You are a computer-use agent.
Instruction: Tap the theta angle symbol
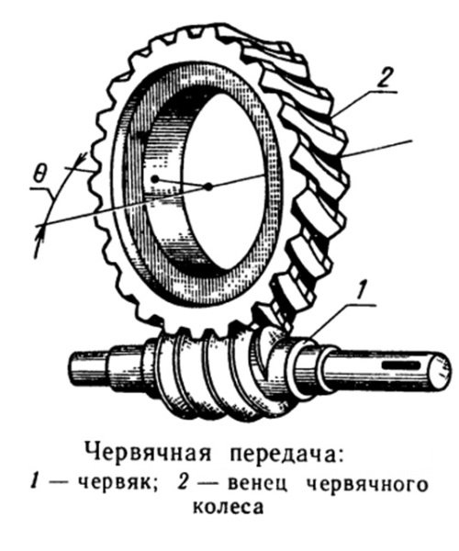(x=40, y=174)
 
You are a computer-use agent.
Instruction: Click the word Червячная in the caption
(x=148, y=454)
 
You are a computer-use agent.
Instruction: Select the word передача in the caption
(x=285, y=454)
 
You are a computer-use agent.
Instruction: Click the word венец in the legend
(x=257, y=484)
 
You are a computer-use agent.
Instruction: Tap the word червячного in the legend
(x=368, y=484)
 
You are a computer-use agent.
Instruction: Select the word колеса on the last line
(x=228, y=508)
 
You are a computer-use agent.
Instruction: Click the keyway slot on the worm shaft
(x=400, y=365)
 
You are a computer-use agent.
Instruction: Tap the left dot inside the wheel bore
(x=154, y=179)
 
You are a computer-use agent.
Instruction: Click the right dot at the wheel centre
(x=208, y=186)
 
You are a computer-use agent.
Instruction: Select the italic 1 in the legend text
(x=34, y=484)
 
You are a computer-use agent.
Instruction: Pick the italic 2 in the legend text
(x=184, y=484)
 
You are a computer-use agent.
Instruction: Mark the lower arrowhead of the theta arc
(x=40, y=233)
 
